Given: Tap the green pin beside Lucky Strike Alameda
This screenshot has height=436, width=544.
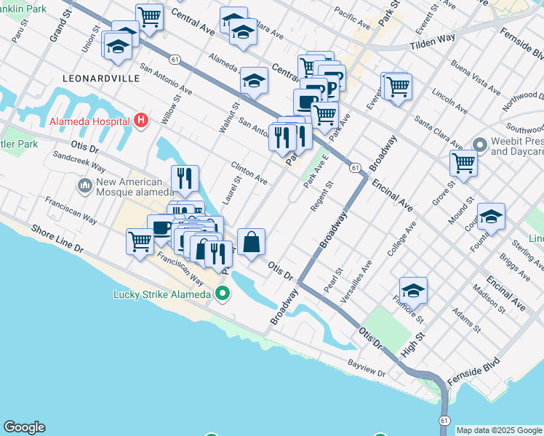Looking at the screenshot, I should click(x=223, y=294).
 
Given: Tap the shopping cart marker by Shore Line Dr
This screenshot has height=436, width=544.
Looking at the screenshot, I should click(x=140, y=242).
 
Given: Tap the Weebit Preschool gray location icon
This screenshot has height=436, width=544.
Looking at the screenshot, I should click(x=479, y=143).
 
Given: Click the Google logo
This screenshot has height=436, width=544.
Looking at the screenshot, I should click(x=24, y=427).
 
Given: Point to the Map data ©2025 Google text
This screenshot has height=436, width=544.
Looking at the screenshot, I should click(x=499, y=430).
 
